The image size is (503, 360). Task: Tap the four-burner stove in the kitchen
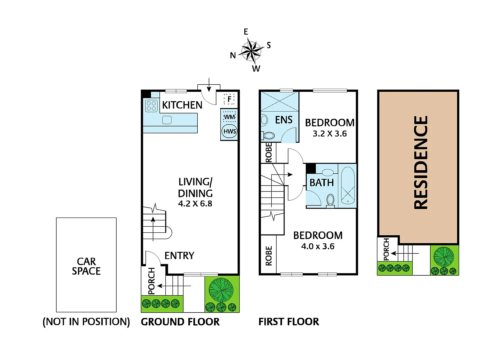tap(151, 106)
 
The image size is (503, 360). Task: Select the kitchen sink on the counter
tap(167, 120)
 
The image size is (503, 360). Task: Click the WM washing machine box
tap(229, 117)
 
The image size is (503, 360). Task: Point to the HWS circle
tap(229, 131)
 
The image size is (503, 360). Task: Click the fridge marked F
tap(229, 99)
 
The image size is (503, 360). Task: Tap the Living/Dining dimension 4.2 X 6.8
tap(195, 204)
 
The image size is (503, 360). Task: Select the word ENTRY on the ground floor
tap(179, 256)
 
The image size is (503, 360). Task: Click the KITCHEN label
tap(182, 105)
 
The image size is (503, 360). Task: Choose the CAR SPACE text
tap(86, 266)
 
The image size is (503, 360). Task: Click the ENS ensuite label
tap(284, 120)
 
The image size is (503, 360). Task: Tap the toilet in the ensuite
tap(268, 135)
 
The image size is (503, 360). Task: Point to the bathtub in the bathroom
tap(347, 186)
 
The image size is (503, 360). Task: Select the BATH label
tap(321, 183)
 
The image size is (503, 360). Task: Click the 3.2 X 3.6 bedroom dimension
tap(330, 134)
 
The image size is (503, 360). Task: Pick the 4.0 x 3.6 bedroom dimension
tap(318, 246)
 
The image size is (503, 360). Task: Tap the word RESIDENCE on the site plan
tap(421, 163)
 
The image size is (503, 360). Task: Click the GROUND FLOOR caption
tap(180, 322)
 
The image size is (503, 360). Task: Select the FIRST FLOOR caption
tap(289, 322)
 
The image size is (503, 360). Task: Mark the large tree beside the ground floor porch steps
tap(221, 290)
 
